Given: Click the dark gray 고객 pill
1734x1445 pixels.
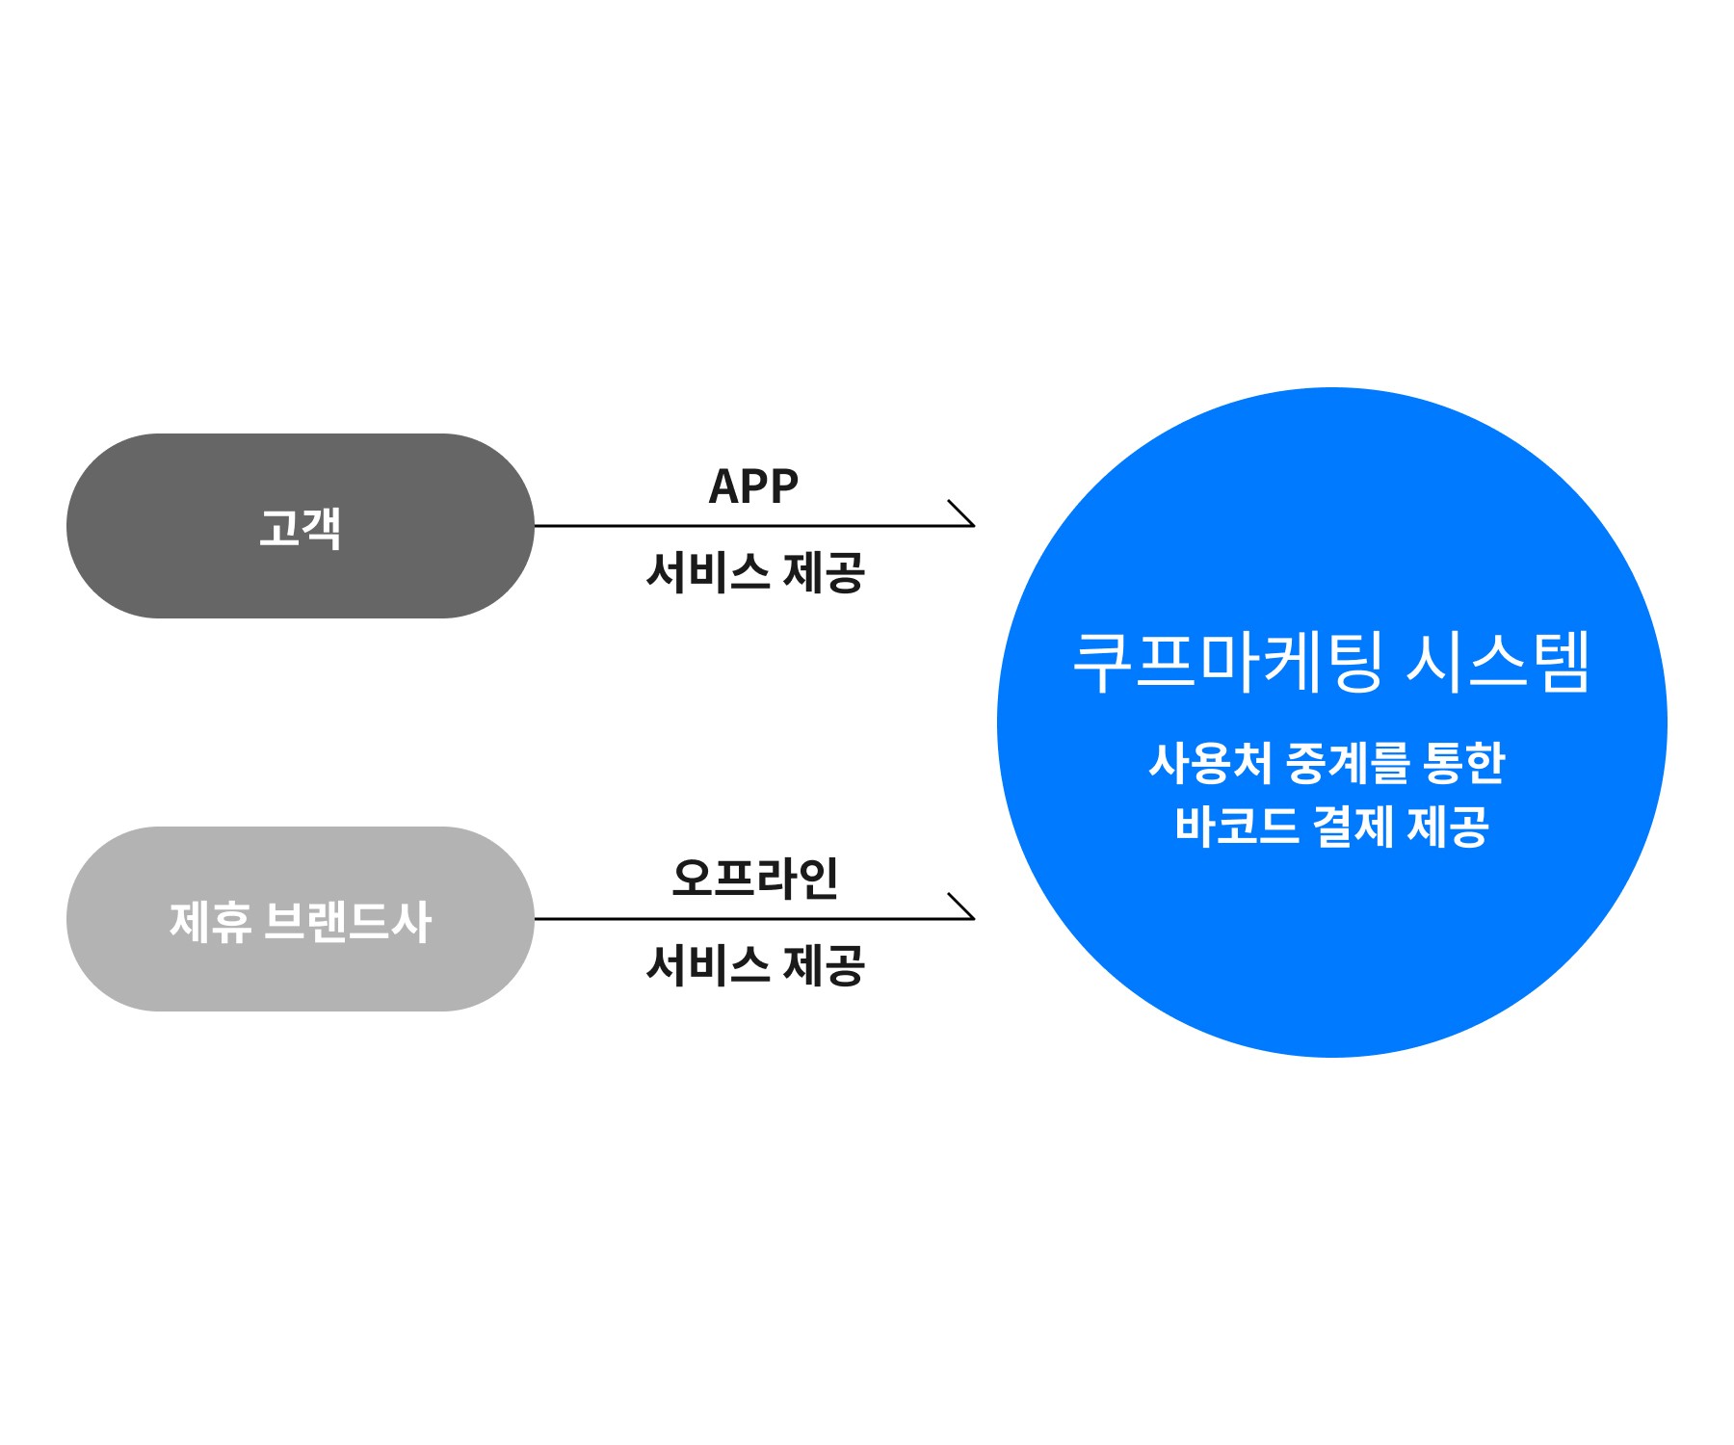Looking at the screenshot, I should point(300,526).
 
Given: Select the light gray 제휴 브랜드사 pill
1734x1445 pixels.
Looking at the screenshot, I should point(300,918).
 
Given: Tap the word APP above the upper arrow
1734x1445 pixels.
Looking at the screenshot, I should point(753,486).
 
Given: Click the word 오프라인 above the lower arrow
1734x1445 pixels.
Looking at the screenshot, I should point(754,879).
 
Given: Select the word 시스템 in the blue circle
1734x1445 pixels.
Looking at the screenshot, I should point(1497,662).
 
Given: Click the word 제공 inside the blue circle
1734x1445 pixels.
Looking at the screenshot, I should point(1448,826).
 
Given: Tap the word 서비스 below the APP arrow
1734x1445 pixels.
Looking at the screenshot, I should point(708,572).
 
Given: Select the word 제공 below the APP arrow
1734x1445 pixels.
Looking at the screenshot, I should point(824,572).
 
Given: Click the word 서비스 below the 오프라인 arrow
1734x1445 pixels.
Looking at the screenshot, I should point(708,964).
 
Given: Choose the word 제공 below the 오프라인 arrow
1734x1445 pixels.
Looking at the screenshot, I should point(824,964).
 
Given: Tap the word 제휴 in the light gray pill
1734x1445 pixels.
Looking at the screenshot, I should point(210,921).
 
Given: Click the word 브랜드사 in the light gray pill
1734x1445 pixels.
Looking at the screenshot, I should point(347,921).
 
